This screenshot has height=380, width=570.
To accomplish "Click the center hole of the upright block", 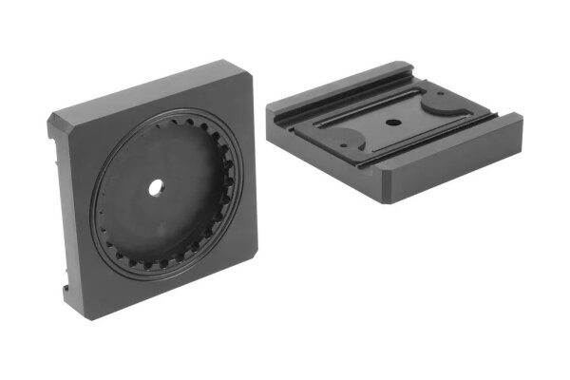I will point(154,188).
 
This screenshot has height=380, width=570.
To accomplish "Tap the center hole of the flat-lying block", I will point(390,123).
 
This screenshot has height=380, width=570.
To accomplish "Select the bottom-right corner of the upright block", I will point(255,275).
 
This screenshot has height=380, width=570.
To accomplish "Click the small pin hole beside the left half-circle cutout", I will point(334,136).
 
